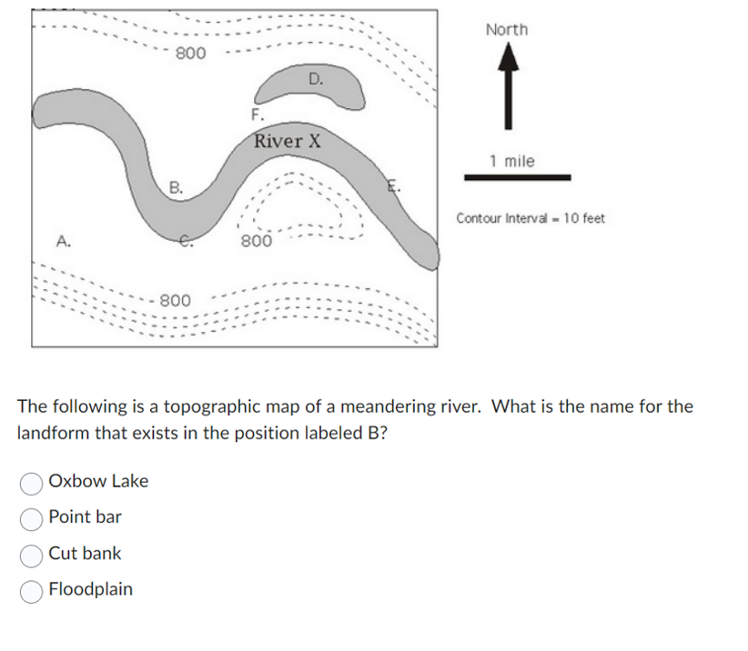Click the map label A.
pyautogui.click(x=62, y=241)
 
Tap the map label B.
pyautogui.click(x=177, y=188)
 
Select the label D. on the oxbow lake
pyautogui.click(x=315, y=79)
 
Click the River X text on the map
pyautogui.click(x=288, y=141)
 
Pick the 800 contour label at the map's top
pyautogui.click(x=190, y=53)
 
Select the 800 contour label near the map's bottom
pyautogui.click(x=175, y=300)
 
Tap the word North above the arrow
pyautogui.click(x=507, y=30)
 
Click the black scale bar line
pyautogui.click(x=518, y=177)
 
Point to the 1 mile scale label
pyautogui.click(x=511, y=161)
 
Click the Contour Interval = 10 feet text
pyautogui.click(x=531, y=218)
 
